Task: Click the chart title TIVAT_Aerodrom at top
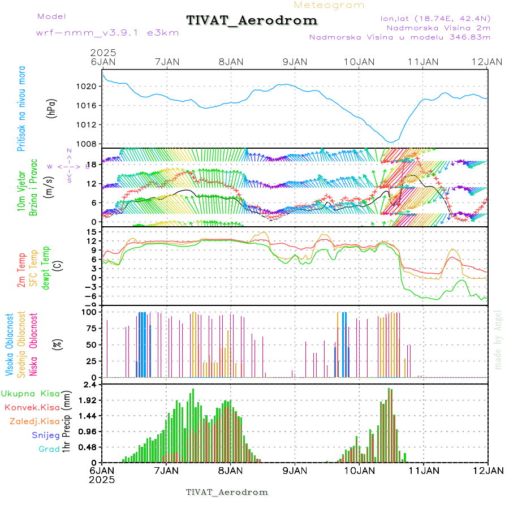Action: click(x=252, y=20)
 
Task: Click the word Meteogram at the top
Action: click(x=329, y=5)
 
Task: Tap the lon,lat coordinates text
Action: click(x=433, y=19)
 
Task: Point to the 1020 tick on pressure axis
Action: click(x=90, y=87)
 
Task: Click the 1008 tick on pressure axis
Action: click(x=90, y=144)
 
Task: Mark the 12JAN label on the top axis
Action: click(x=488, y=62)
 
